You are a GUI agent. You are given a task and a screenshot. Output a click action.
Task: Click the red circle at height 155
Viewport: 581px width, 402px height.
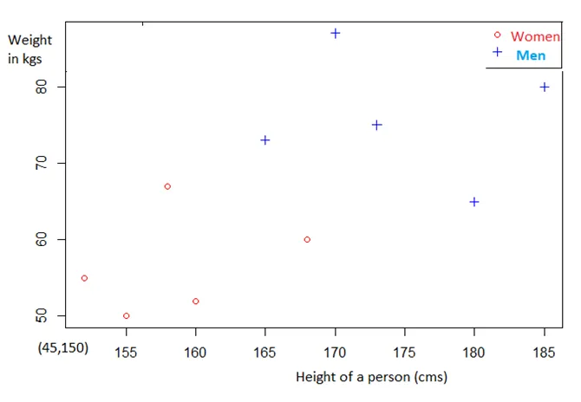[127, 316]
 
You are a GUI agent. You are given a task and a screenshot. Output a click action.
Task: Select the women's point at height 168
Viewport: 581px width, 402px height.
[307, 240]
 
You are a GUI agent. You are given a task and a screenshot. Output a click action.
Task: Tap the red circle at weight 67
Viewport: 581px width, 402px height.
[167, 187]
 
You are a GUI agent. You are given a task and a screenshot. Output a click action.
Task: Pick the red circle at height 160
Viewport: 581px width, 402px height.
[196, 301]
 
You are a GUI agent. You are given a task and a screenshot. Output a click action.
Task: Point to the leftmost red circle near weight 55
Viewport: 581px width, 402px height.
[84, 278]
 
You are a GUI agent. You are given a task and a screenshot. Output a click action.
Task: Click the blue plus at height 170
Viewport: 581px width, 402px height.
[336, 34]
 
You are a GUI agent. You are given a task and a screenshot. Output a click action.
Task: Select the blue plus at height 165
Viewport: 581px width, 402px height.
[265, 140]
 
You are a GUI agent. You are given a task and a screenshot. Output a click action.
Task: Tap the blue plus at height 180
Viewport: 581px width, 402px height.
[474, 202]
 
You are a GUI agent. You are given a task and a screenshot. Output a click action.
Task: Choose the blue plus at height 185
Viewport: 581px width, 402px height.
[545, 87]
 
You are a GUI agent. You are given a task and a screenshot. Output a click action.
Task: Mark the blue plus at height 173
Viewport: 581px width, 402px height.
[377, 125]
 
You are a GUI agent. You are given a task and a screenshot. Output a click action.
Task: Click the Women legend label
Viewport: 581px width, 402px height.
[535, 37]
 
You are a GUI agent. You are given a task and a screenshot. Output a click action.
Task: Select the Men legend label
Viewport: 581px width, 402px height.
[531, 55]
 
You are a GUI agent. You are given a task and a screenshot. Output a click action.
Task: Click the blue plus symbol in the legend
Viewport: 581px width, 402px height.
[498, 53]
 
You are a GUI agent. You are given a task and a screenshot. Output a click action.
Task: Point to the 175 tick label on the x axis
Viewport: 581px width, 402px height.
[405, 353]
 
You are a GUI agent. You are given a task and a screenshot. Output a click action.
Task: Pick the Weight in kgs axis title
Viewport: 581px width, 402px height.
[29, 49]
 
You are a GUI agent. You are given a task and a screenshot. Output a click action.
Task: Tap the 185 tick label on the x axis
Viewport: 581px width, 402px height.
[544, 353]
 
